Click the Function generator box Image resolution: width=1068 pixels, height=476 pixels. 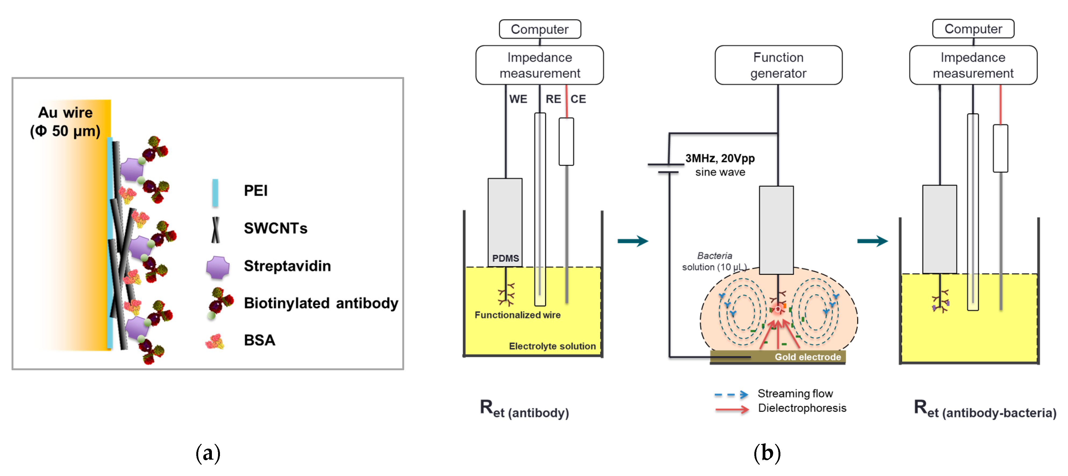point(778,65)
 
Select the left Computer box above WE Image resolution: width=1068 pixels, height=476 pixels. point(540,29)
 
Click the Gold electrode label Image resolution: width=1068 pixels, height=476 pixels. point(808,357)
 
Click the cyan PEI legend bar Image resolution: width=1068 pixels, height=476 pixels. point(215,192)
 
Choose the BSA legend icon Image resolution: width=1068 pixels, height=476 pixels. point(215,341)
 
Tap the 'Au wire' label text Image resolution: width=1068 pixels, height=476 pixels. point(66,113)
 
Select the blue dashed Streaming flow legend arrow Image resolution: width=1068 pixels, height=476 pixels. point(731,394)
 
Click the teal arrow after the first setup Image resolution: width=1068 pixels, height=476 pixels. point(632,241)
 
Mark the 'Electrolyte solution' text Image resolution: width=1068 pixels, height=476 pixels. point(552,346)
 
